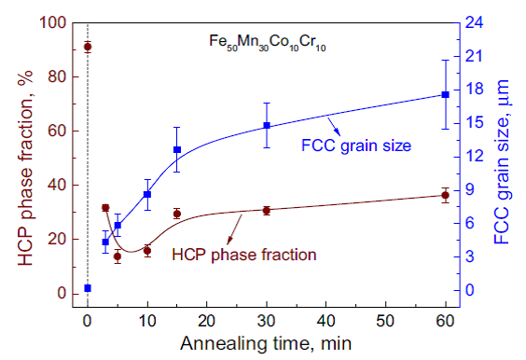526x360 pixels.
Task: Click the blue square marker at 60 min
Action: click(445, 95)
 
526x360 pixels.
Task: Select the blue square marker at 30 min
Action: click(267, 126)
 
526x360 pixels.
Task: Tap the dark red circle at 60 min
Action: click(445, 195)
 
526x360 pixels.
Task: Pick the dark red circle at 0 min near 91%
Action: click(88, 47)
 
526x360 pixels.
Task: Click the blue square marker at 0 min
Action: click(88, 288)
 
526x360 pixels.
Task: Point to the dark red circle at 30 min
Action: click(267, 211)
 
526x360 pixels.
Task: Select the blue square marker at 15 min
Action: click(177, 150)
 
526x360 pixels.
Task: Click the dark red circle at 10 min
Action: click(147, 251)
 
